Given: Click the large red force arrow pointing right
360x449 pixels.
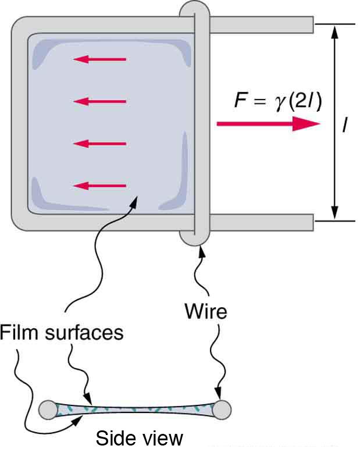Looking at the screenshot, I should (268, 124).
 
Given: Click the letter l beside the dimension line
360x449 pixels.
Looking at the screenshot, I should (345, 124).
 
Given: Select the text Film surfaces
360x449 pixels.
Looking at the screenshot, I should (62, 333).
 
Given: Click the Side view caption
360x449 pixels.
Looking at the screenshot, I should (139, 437).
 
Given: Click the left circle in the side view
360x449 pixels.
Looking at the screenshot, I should (48, 409).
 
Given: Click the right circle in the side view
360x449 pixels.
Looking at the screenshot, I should (223, 409).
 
